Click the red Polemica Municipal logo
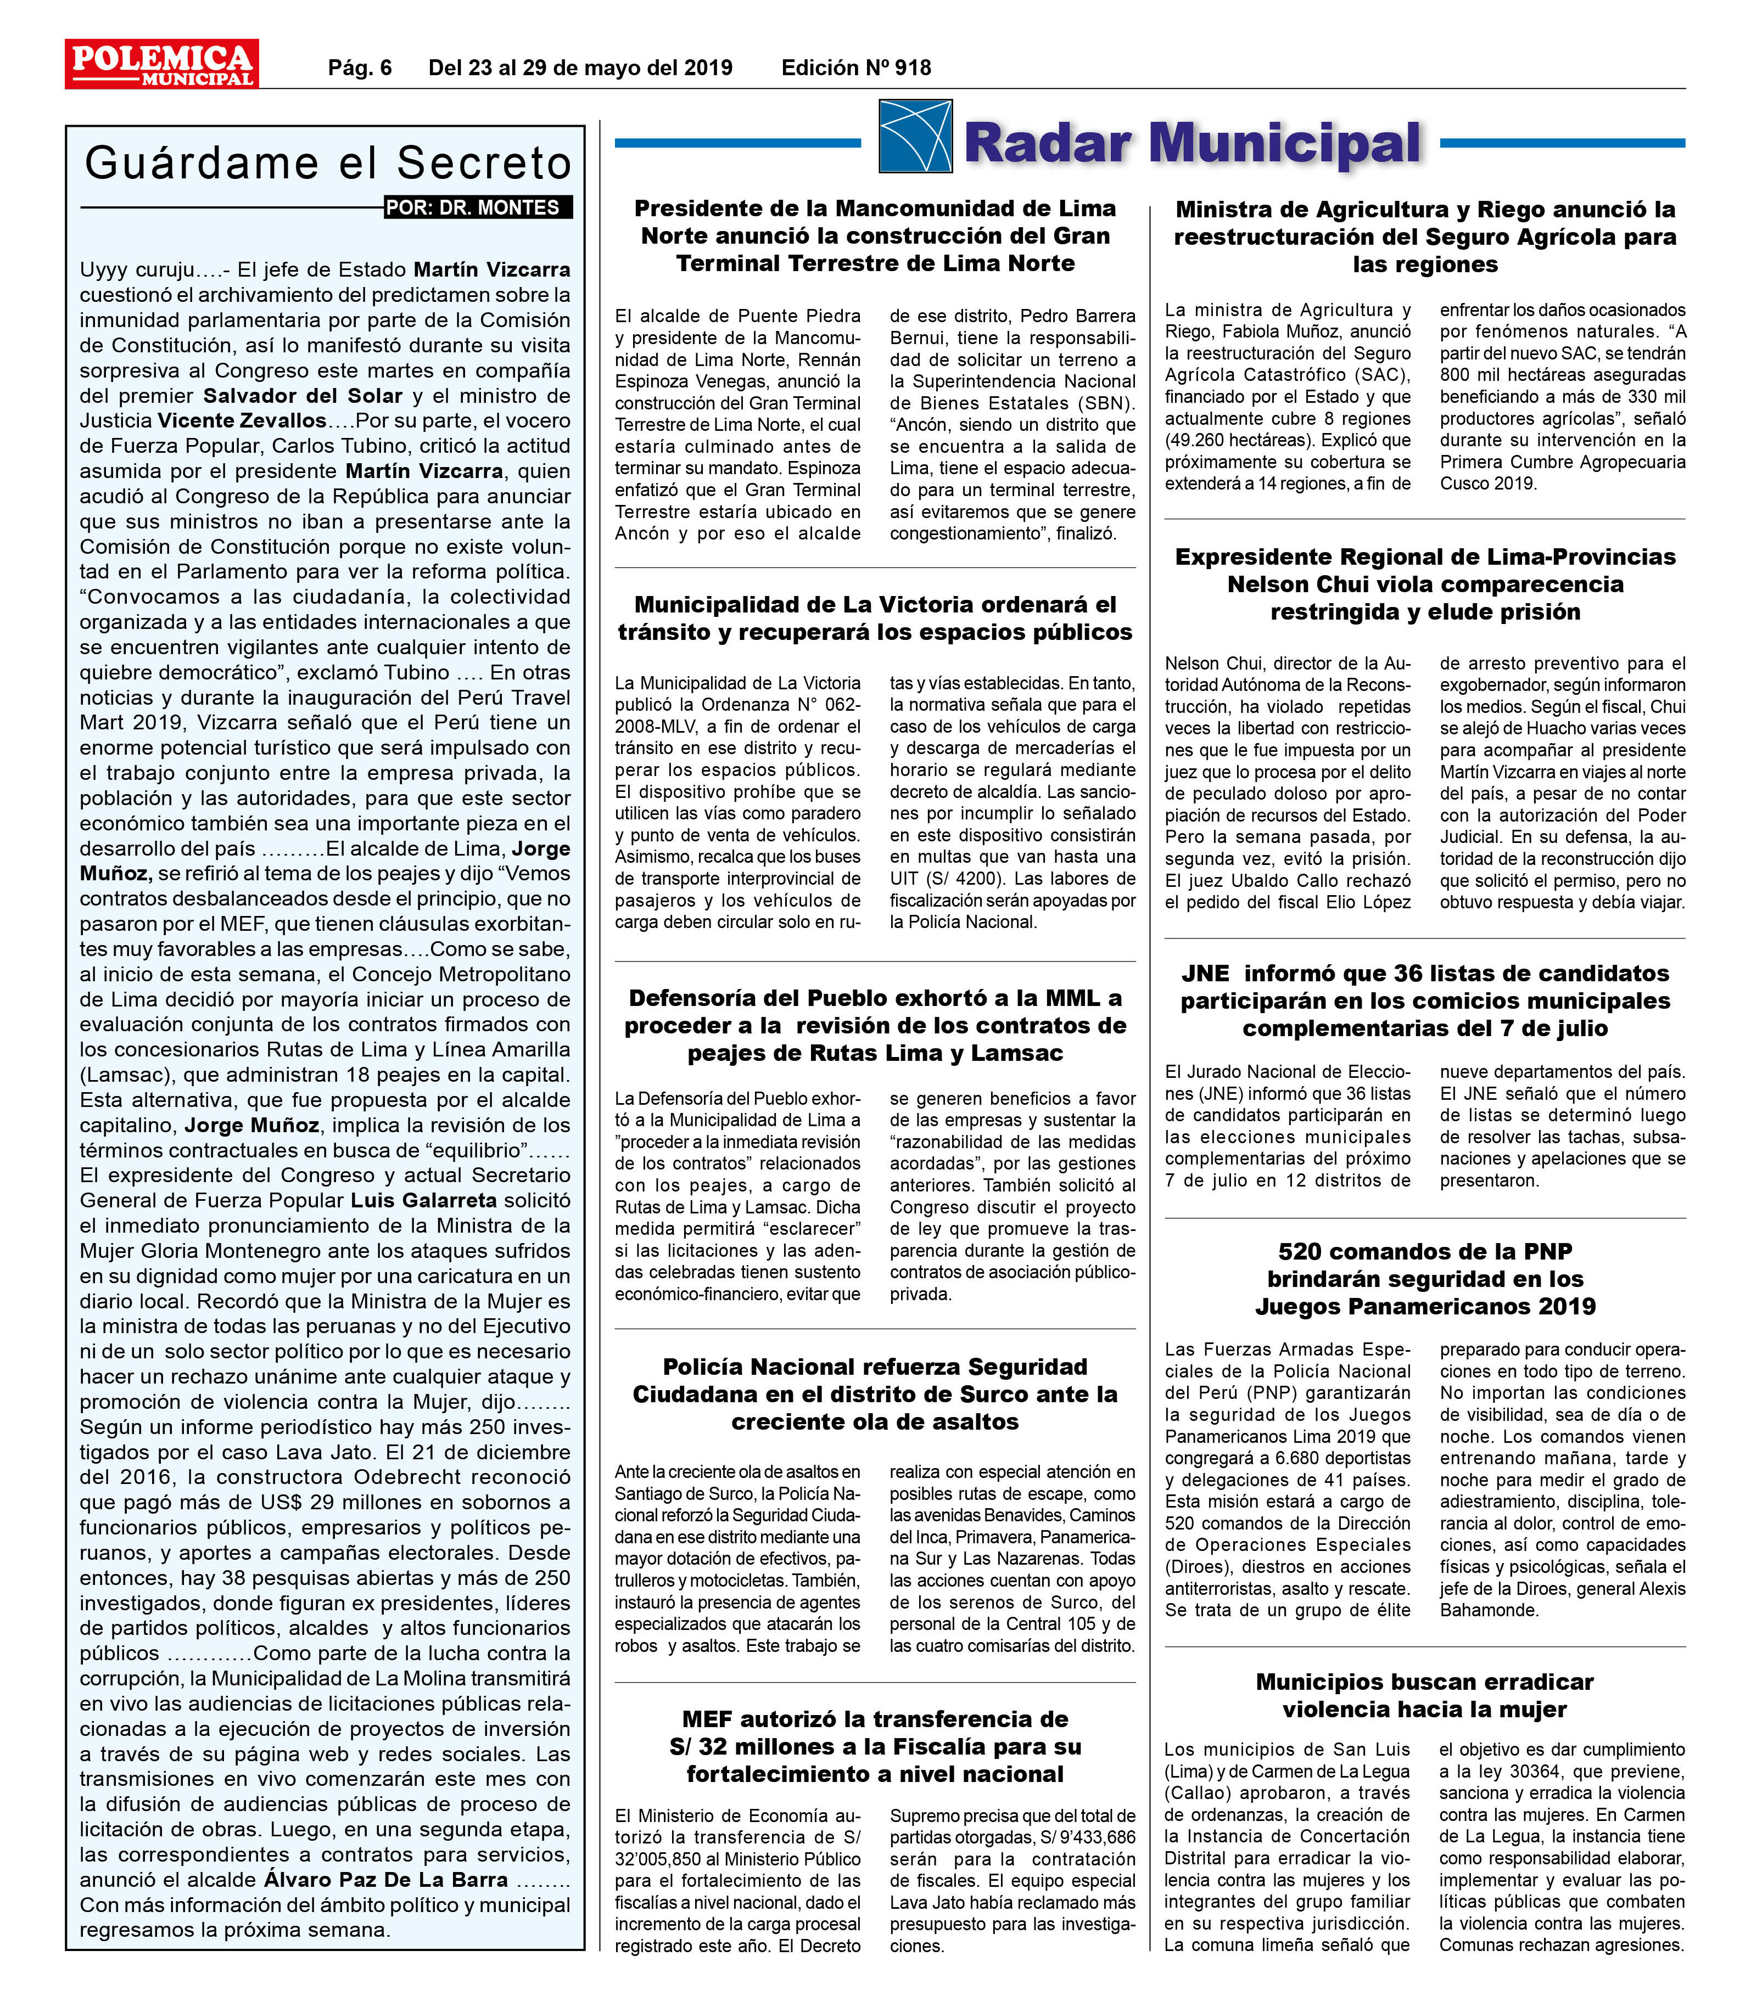pos(161,64)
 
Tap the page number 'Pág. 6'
pos(359,67)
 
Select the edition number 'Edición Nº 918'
pos(856,67)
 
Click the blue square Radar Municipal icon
pos(914,136)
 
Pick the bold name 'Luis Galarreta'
pos(424,1200)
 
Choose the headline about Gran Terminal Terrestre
pos(875,235)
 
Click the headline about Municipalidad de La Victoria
pos(875,618)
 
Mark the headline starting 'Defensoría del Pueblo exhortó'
pos(875,1025)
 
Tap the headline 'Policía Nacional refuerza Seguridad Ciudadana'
pos(875,1394)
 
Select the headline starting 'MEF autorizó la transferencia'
pos(875,1747)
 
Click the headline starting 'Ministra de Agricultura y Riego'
pos(1425,237)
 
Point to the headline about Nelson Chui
pos(1425,584)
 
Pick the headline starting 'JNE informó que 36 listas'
pos(1425,1001)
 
